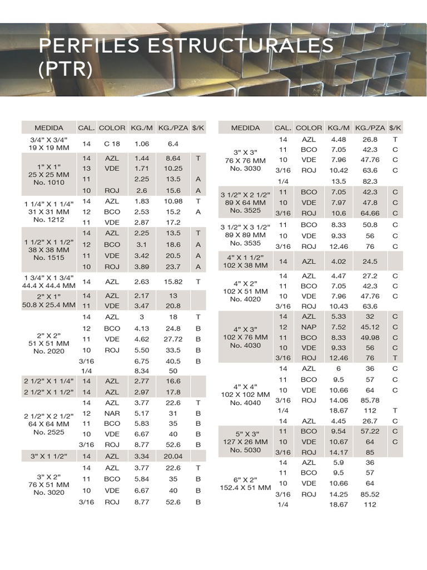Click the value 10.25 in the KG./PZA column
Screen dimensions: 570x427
(x=173, y=169)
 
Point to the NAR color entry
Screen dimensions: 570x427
(x=112, y=414)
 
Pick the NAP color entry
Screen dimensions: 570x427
(x=309, y=327)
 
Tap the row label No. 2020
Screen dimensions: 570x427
(x=48, y=351)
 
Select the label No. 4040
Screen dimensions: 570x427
(x=246, y=403)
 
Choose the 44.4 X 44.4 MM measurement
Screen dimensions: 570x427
(x=48, y=286)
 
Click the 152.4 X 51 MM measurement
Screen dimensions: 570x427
(x=246, y=488)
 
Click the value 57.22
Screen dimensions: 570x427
(x=370, y=431)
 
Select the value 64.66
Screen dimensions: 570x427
(x=370, y=213)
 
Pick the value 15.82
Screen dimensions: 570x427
(x=173, y=282)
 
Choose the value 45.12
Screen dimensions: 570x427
(x=370, y=327)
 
